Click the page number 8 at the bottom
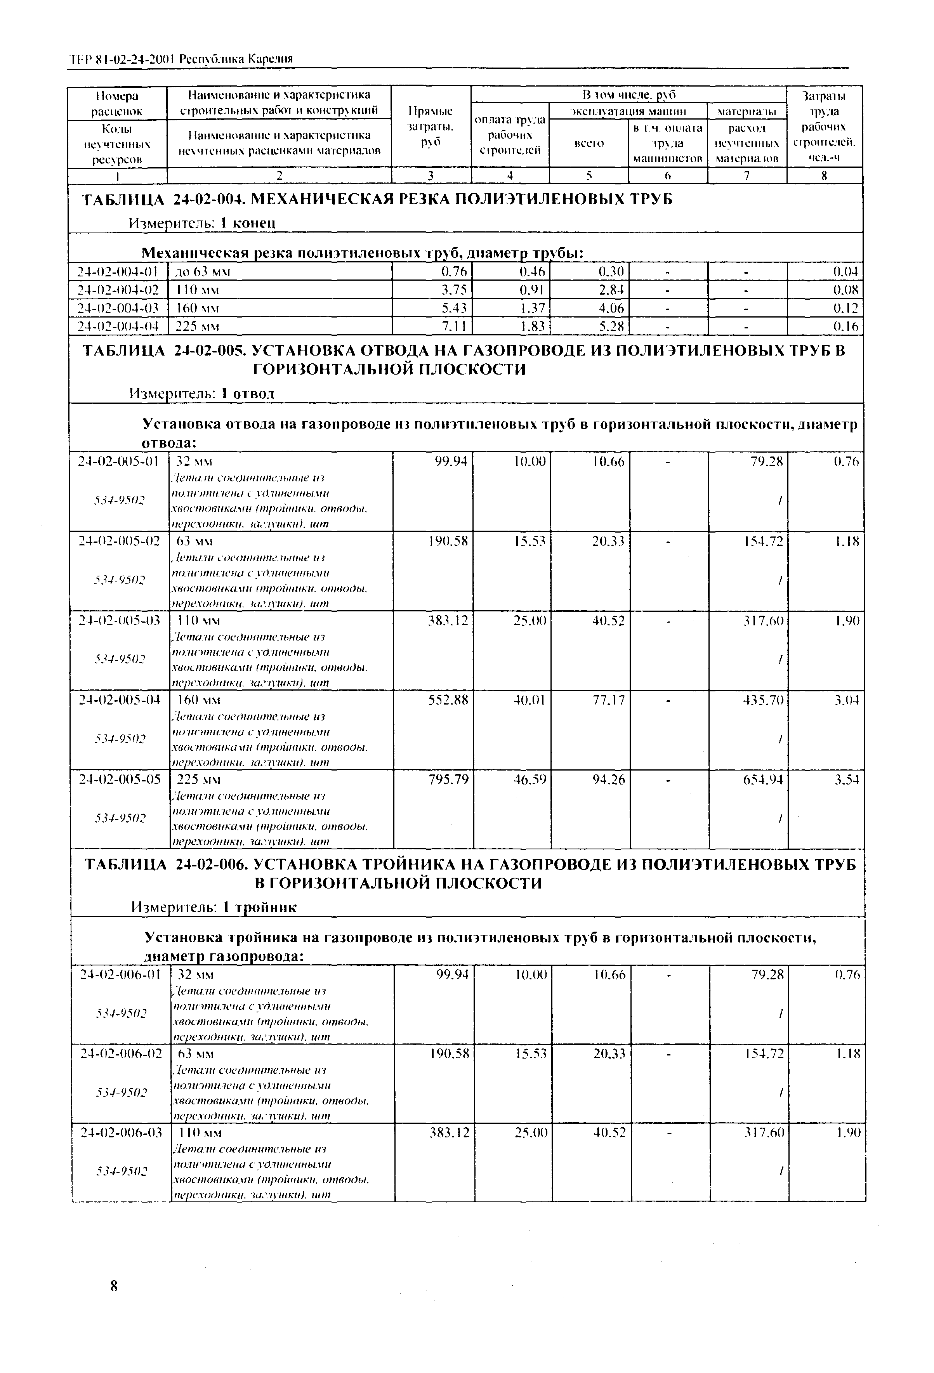click(x=114, y=1287)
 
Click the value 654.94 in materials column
click(x=763, y=780)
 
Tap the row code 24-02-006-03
click(x=120, y=1133)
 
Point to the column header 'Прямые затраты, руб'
click(x=430, y=127)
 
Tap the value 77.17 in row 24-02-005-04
click(x=608, y=700)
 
